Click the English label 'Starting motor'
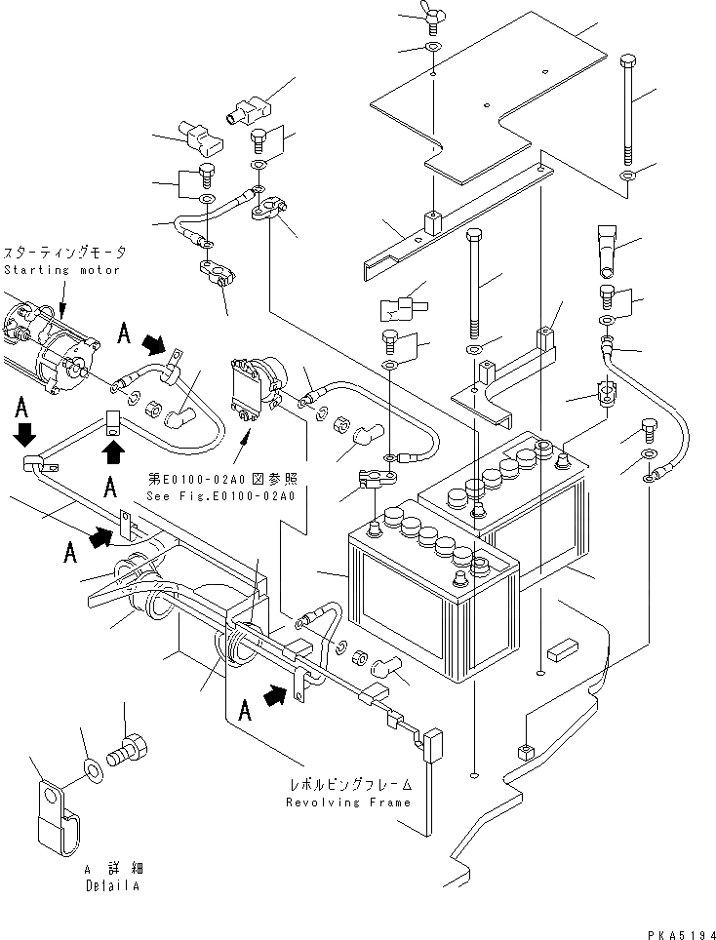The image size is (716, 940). pos(61,269)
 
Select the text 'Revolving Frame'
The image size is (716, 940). pos(348,803)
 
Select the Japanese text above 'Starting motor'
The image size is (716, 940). pos(65,253)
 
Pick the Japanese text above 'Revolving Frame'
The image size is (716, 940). pos(350,784)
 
